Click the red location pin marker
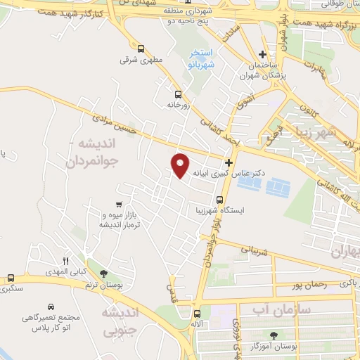181,165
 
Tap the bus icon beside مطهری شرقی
141,49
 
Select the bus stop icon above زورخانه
178,94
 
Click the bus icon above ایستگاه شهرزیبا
200,198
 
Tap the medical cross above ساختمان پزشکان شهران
262,55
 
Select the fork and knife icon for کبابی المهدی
66,259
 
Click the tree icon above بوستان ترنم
104,273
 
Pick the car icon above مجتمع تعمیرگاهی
51,307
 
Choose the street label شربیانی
255,249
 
